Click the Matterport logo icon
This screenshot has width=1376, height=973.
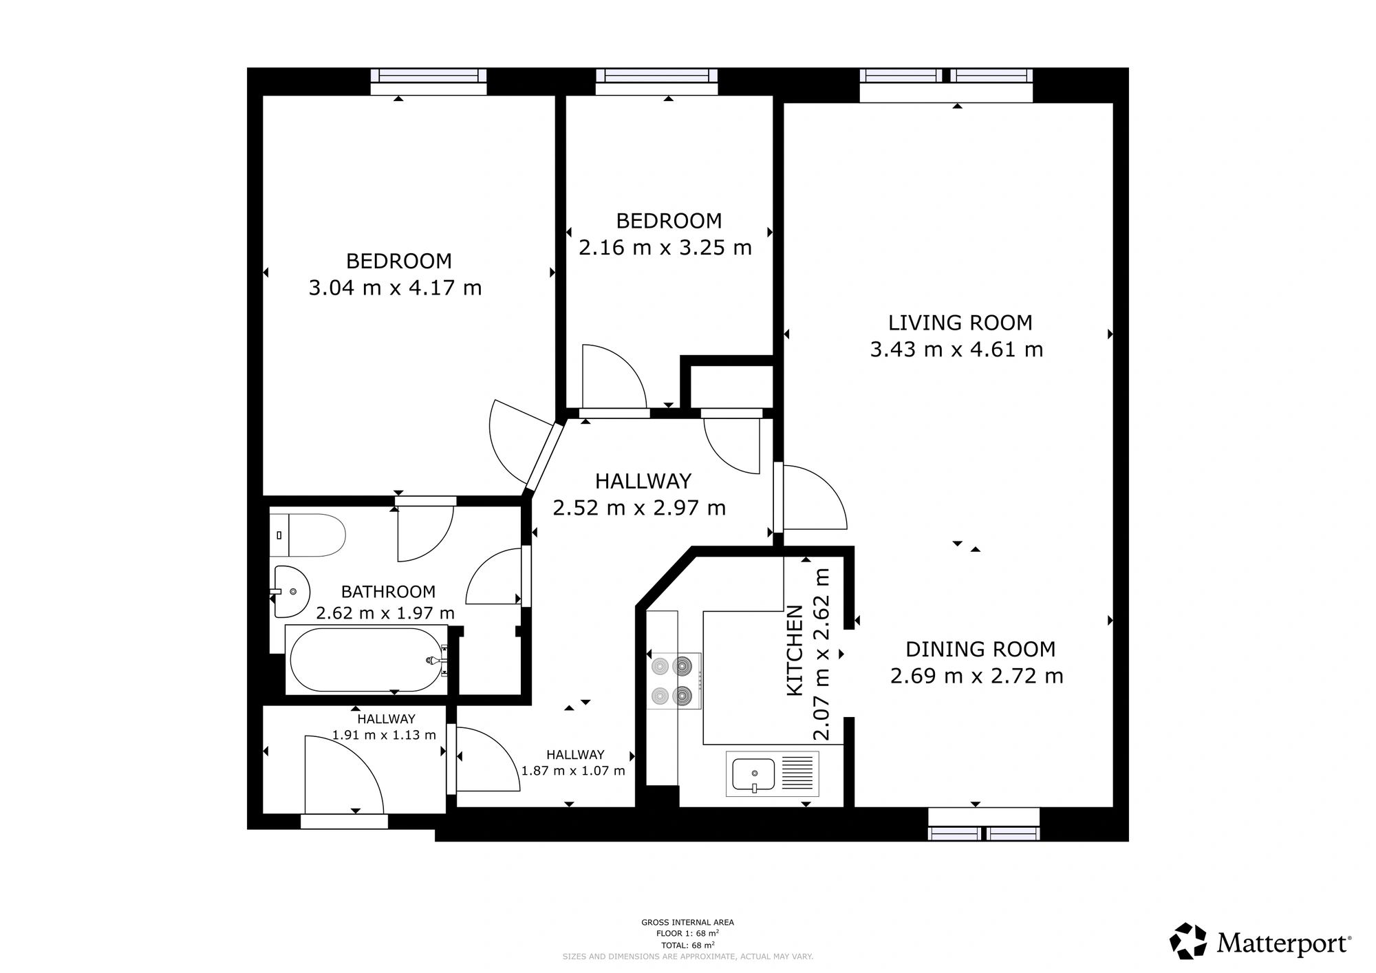1188,941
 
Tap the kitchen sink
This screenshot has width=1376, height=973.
773,774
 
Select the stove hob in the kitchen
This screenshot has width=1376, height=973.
674,681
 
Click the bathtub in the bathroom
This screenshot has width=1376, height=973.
367,660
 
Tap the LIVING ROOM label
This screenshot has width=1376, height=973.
960,323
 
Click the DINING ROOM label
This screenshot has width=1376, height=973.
980,649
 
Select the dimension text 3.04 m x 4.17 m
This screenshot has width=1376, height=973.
395,288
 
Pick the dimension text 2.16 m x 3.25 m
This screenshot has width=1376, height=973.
665,248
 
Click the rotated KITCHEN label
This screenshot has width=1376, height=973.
795,650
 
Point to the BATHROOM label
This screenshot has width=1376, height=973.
388,592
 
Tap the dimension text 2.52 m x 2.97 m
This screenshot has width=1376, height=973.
639,508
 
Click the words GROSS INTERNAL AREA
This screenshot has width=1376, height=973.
687,923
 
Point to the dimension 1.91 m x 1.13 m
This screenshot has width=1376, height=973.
384,735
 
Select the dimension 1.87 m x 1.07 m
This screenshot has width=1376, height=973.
573,771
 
